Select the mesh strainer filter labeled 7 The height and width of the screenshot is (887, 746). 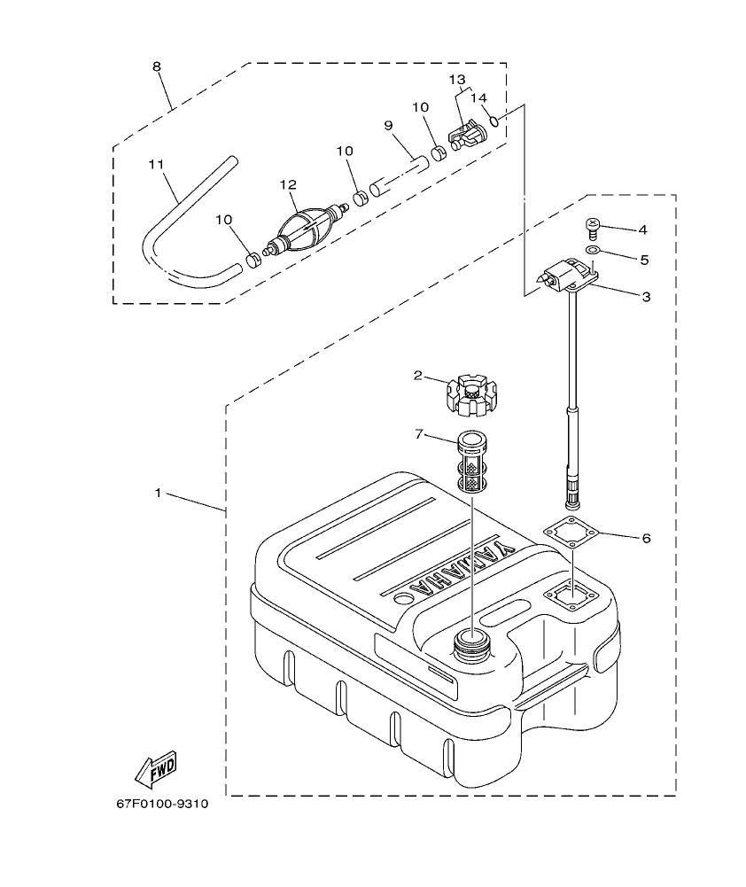tap(473, 462)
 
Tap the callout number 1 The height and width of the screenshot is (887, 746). tap(159, 493)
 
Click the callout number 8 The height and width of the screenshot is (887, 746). tap(157, 66)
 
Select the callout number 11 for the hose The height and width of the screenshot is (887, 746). tap(157, 165)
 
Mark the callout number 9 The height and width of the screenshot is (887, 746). tap(388, 126)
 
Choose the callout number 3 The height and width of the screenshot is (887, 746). tap(646, 297)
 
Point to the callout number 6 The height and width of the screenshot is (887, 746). tap(646, 538)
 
